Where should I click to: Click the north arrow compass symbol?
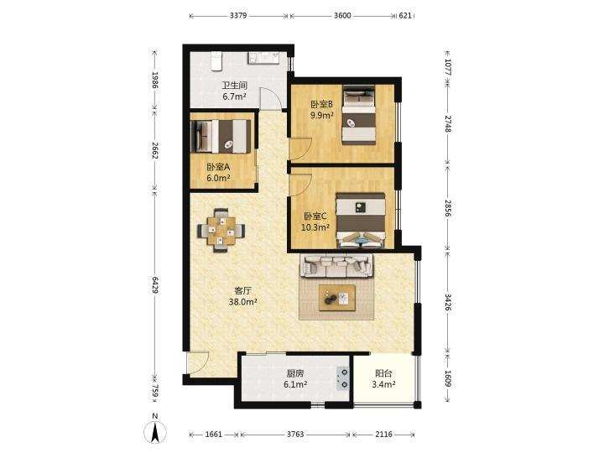[155, 432]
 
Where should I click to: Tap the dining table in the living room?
[221, 231]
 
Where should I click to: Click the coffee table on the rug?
[337, 298]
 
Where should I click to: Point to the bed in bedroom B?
[359, 116]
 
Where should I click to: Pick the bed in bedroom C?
[361, 220]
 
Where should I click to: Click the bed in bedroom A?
[221, 136]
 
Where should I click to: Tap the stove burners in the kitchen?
[344, 377]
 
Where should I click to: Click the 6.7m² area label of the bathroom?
[234, 96]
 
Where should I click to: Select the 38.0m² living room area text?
[242, 302]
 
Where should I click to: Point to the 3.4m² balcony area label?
[383, 384]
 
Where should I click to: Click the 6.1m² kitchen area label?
[295, 384]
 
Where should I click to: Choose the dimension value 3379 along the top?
[238, 16]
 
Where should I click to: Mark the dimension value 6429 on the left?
[155, 285]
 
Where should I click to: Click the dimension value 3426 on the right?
[448, 302]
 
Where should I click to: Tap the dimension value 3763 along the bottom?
[295, 435]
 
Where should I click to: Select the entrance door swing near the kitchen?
[197, 362]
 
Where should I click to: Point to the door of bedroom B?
[300, 148]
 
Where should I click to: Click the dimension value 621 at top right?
[405, 16]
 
